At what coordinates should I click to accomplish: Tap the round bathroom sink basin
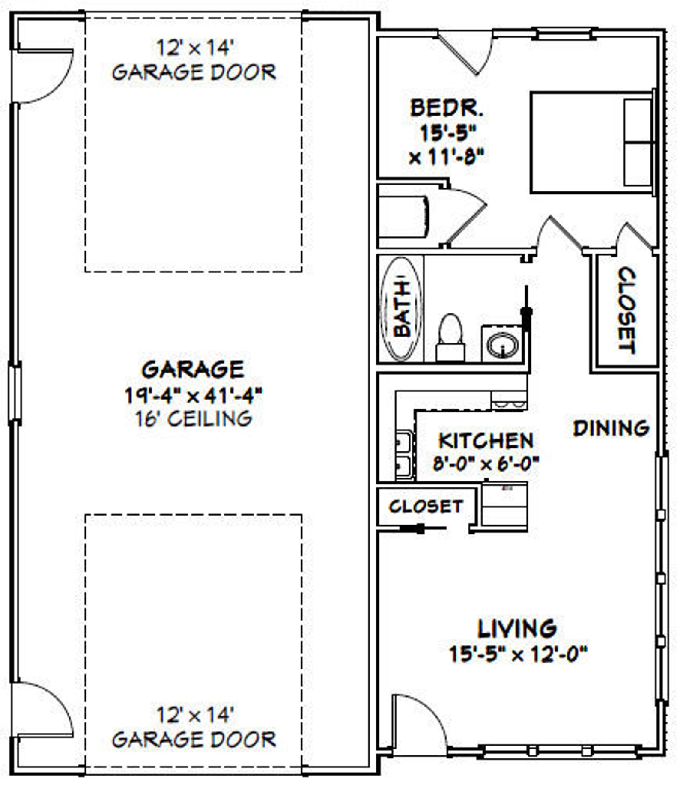503,345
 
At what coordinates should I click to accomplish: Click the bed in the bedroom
592,142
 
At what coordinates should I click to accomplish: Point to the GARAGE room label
193,370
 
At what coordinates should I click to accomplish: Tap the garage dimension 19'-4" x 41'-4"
194,395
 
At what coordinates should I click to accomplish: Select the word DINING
611,428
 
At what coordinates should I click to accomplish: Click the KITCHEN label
486,441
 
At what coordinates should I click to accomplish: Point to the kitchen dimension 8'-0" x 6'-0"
486,463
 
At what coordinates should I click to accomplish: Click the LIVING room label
517,629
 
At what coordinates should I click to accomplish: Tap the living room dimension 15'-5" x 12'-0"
517,654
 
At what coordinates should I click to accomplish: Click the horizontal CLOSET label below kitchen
426,507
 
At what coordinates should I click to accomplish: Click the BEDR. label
447,108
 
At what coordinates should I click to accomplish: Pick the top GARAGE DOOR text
194,72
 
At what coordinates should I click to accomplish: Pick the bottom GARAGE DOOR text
194,740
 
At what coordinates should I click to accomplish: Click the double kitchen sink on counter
404,454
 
